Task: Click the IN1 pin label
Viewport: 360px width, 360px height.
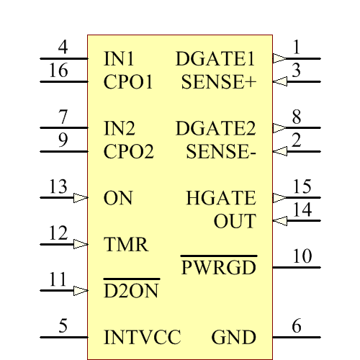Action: click(119, 59)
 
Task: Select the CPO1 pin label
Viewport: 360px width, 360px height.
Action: click(128, 82)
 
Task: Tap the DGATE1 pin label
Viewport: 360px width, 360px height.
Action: click(215, 59)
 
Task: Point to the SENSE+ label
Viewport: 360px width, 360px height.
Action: click(218, 82)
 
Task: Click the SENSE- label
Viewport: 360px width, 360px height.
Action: click(220, 152)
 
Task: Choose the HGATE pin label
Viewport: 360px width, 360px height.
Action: click(220, 198)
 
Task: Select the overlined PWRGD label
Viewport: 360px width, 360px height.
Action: click(218, 268)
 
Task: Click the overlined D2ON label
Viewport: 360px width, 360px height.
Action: click(131, 292)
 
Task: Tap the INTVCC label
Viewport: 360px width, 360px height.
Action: click(142, 338)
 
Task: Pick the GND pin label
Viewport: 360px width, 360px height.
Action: click(233, 338)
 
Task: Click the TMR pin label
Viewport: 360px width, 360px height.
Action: click(126, 245)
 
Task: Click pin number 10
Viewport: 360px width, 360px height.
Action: click(302, 256)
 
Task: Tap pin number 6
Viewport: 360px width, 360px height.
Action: click(297, 326)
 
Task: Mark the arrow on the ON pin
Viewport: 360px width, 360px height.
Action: click(81, 197)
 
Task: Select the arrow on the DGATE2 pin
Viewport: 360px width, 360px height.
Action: click(279, 128)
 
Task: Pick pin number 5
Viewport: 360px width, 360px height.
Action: click(63, 326)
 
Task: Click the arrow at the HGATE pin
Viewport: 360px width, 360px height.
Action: click(279, 197)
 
